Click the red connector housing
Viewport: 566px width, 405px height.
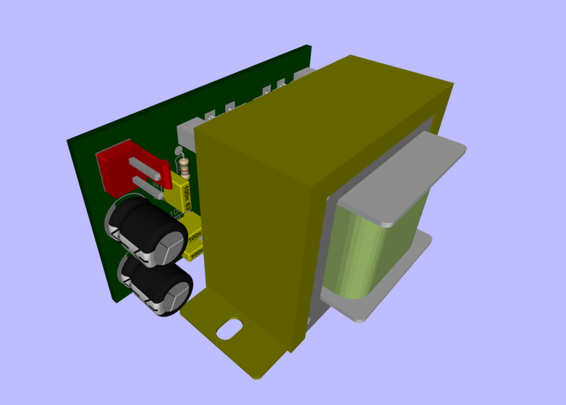click(114, 170)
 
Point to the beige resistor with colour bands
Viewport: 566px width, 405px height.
click(184, 166)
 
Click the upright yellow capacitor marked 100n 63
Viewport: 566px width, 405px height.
click(183, 193)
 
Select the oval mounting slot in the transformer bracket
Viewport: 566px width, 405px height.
click(229, 329)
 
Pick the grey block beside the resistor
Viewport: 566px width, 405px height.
click(186, 133)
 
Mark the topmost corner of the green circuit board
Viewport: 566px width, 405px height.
click(308, 46)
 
